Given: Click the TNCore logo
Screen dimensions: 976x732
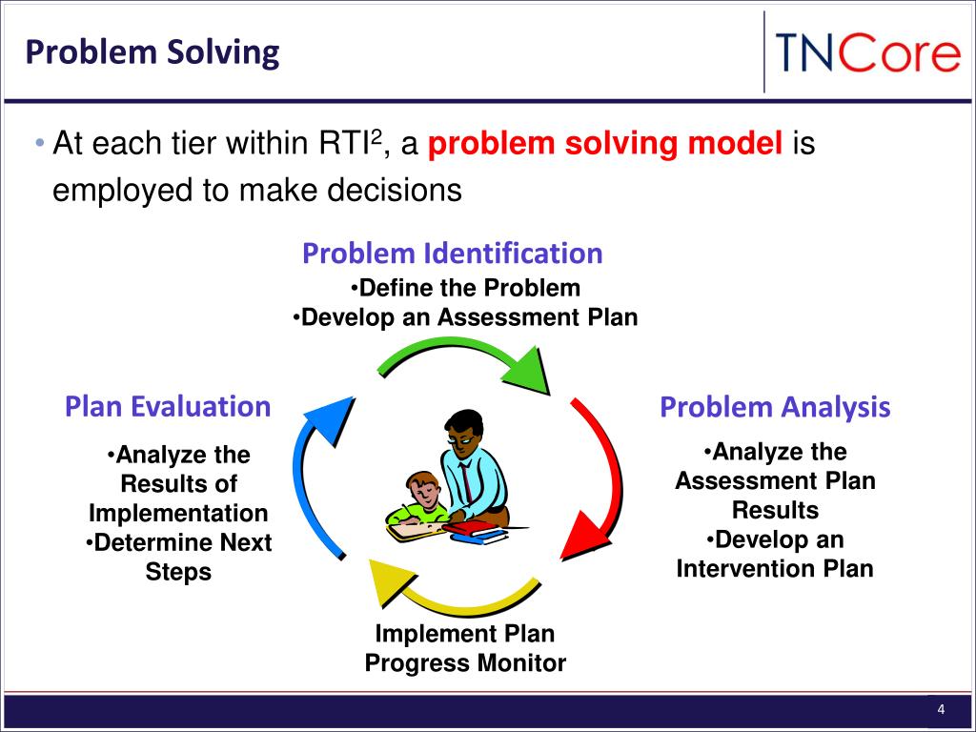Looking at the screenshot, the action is (867, 53).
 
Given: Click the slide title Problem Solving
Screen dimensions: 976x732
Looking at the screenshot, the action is (152, 52).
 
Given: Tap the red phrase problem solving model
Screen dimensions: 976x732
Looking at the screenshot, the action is (605, 144).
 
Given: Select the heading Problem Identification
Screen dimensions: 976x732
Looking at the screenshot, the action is (453, 254).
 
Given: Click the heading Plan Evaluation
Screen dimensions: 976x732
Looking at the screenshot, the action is (168, 406).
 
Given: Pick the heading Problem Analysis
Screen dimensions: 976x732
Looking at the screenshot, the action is (775, 407).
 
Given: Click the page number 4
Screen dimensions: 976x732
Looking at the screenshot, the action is (941, 709).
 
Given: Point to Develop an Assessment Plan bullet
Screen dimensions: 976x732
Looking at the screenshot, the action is (465, 317).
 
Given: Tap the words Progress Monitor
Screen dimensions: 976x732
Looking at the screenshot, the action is (465, 663).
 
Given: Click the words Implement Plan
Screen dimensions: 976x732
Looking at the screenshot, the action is (465, 634).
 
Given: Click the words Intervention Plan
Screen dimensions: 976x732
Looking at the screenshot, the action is (775, 568).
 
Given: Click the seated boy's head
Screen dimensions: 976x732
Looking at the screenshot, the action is (422, 489).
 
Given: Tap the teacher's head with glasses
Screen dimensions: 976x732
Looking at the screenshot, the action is (463, 433).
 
